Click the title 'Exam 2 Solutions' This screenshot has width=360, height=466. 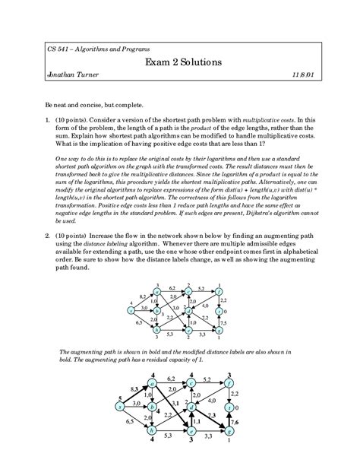coord(179,62)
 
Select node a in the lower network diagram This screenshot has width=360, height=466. coord(156,388)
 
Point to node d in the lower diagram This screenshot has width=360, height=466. coord(191,408)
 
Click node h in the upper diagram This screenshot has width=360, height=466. coord(156,331)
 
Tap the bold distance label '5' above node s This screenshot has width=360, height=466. coord(120,400)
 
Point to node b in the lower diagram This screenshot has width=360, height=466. coord(156,408)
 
